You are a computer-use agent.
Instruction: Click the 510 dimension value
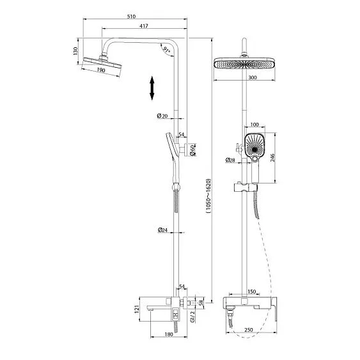tap(131, 17)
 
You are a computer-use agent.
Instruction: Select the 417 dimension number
tap(144, 26)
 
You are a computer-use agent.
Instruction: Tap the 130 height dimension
tap(75, 51)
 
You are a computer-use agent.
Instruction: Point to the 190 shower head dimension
tap(101, 70)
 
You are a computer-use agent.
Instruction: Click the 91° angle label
tap(166, 50)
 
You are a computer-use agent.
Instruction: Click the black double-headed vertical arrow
tap(152, 88)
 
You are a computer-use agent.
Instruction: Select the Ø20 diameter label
tap(162, 116)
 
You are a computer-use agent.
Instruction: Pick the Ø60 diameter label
tap(193, 150)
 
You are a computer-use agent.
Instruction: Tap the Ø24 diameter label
tap(163, 230)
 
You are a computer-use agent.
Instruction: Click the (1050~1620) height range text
tap(208, 196)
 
